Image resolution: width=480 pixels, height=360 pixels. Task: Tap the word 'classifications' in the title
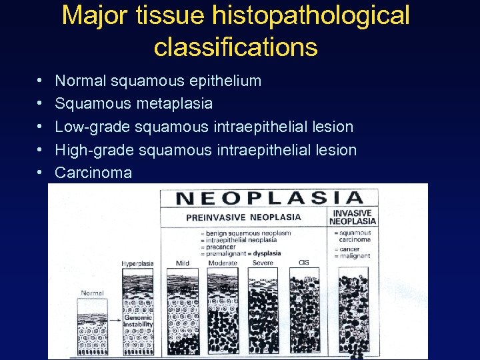pos(235,47)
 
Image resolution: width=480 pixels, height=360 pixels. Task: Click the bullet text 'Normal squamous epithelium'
pos(158,81)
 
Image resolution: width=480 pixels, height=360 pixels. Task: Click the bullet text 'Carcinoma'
pos(93,173)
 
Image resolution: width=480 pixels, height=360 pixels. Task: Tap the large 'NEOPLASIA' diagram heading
pos(269,198)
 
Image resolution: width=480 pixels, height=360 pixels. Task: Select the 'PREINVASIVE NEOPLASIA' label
pos(243,217)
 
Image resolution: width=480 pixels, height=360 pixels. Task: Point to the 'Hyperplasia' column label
pos(137,264)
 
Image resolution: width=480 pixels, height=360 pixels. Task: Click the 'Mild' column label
pos(183,263)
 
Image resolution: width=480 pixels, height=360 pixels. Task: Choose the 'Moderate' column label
pos(223,263)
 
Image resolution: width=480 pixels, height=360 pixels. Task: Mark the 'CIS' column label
pos(303,262)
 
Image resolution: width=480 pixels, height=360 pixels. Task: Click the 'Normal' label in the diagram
pos(92,293)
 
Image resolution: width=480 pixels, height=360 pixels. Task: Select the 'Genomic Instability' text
pos(138,321)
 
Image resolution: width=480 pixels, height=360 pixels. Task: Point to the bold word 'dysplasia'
pos(267,253)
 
